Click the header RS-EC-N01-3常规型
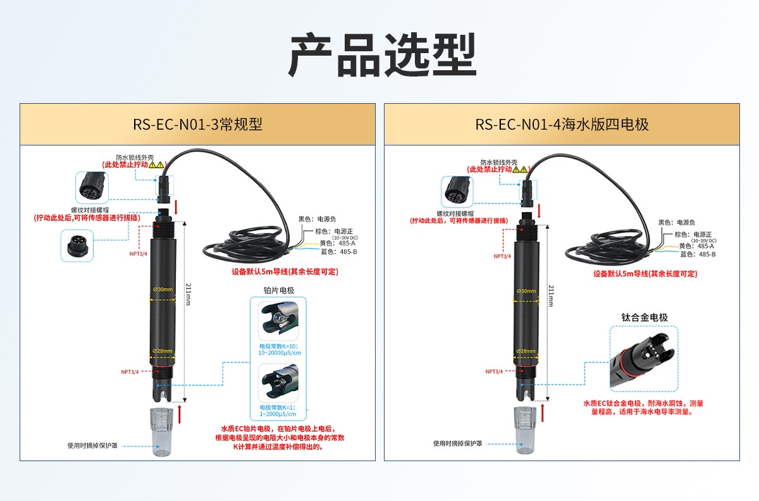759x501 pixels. point(197,124)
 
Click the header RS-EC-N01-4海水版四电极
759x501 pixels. point(562,124)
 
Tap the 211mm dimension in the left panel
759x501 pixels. point(188,295)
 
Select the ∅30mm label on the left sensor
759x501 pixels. point(162,290)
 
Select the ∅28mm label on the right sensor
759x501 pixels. point(526,350)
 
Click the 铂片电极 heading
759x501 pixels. point(279,290)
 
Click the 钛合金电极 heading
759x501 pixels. point(645,317)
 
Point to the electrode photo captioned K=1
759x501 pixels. point(279,383)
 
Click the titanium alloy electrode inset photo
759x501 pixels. point(644,357)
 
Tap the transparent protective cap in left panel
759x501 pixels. point(161,431)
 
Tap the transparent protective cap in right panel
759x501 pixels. point(525,431)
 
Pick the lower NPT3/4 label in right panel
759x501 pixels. point(495,372)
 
